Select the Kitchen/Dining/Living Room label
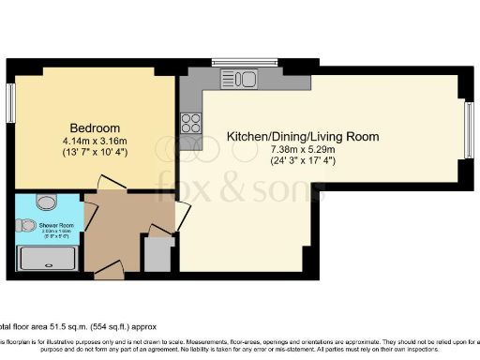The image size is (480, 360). tap(303, 137)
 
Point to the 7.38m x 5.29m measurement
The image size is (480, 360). tap(303, 149)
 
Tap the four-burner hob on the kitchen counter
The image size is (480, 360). tap(191, 122)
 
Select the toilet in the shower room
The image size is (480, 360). tap(27, 225)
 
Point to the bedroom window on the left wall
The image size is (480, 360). tap(11, 107)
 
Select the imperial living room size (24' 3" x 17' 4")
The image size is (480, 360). tap(303, 161)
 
